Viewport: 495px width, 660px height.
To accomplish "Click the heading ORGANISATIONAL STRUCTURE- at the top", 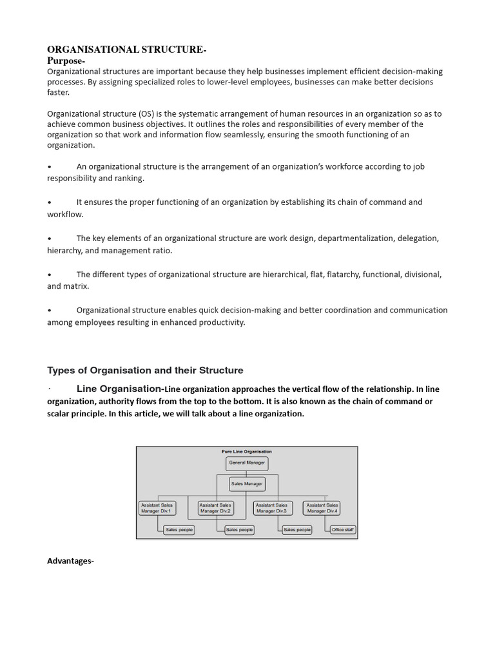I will (x=127, y=50).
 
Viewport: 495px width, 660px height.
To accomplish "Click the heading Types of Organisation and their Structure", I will (x=145, y=371).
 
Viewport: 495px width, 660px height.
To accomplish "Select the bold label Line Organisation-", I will (x=120, y=389).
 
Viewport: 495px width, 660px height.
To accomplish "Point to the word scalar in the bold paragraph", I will (x=61, y=414).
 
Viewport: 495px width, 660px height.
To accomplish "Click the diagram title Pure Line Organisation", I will (x=246, y=452).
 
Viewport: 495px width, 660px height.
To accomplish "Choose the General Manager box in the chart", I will (x=246, y=463).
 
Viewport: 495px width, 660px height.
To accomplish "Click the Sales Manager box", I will (x=246, y=483).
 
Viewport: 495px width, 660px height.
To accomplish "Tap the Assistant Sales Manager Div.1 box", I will (x=156, y=508).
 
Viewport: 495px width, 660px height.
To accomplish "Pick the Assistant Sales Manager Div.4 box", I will (x=322, y=508).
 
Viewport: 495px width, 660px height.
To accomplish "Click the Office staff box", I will (x=342, y=530).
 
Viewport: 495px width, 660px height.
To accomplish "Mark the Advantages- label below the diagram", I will (x=70, y=561).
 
